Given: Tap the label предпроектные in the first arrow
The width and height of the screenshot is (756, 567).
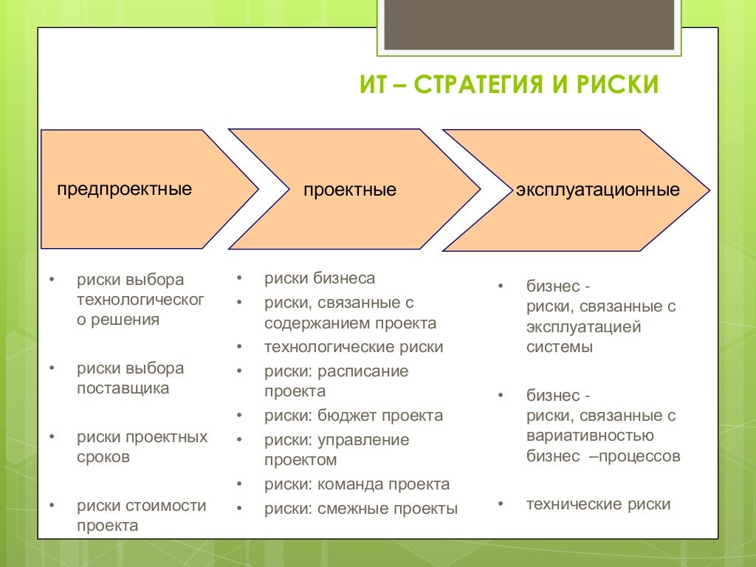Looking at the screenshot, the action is [125, 188].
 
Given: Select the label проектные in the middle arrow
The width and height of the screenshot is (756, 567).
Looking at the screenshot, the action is [349, 190].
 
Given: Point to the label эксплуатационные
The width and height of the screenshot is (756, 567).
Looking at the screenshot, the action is [597, 190].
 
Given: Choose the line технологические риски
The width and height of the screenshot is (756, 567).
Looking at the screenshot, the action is [354, 347].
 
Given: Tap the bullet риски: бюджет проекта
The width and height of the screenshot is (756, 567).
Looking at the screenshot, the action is [354, 416].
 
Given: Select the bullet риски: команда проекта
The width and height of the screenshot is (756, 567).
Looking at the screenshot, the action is [357, 484].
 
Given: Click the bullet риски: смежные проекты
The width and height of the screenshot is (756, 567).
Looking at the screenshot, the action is [361, 509].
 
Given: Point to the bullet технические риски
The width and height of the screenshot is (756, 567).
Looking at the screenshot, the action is [598, 504].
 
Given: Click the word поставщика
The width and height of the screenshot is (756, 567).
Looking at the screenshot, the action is [123, 388].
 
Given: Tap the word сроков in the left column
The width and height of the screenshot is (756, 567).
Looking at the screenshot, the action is [103, 457].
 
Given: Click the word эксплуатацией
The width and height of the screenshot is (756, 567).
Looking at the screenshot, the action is [583, 326].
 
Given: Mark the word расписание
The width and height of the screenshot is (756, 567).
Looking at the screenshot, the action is [363, 371].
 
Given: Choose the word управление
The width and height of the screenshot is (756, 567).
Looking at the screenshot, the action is [363, 440].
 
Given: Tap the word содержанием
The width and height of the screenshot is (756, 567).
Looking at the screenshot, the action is [317, 323].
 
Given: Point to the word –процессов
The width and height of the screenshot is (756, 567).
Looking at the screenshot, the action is [634, 456].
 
